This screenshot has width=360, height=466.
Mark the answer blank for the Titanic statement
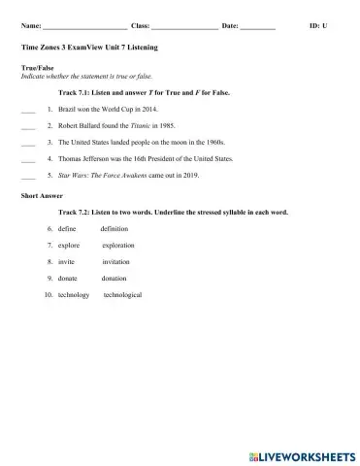click(x=27, y=128)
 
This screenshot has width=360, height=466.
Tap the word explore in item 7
click(x=69, y=245)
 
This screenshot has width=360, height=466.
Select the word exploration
click(x=118, y=245)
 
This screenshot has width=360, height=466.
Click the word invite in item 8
click(x=66, y=261)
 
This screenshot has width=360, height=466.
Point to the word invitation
click(x=116, y=261)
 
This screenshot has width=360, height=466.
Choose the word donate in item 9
click(x=68, y=278)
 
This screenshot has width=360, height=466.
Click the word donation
click(x=115, y=278)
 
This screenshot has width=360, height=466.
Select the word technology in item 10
click(x=74, y=294)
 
